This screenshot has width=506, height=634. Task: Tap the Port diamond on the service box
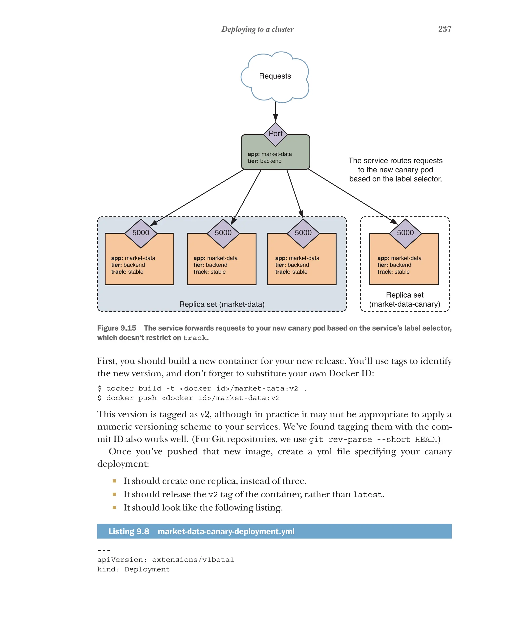pyautogui.click(x=275, y=134)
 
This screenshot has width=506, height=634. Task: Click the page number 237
pyautogui.click(x=444, y=29)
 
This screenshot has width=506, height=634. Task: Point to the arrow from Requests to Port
pyautogui.click(x=275, y=112)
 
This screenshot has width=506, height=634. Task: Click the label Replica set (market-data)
pyautogui.click(x=222, y=304)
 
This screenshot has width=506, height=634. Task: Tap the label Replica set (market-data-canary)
pyautogui.click(x=404, y=299)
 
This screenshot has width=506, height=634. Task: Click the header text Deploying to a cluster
pyautogui.click(x=257, y=29)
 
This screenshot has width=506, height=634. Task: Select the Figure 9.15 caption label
pyautogui.click(x=117, y=328)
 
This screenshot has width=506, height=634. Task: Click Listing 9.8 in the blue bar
pyautogui.click(x=129, y=531)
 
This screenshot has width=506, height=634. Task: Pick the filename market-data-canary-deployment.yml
pyautogui.click(x=226, y=531)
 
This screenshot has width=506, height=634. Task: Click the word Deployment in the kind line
pyautogui.click(x=147, y=569)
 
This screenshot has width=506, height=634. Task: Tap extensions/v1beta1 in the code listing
pyautogui.click(x=193, y=560)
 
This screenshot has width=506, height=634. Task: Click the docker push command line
pyautogui.click(x=188, y=398)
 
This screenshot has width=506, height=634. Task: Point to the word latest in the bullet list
pyautogui.click(x=367, y=495)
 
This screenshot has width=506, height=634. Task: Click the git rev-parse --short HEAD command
pyautogui.click(x=372, y=439)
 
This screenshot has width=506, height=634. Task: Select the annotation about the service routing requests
pyautogui.click(x=395, y=170)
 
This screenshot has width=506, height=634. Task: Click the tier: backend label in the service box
pyautogui.click(x=264, y=161)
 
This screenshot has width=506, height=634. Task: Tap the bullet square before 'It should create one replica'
pyautogui.click(x=114, y=481)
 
